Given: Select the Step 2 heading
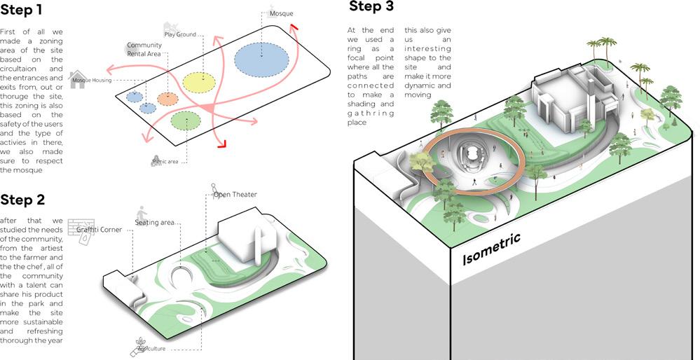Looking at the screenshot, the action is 23,200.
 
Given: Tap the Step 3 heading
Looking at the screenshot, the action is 371,7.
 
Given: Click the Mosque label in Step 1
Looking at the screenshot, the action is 281,13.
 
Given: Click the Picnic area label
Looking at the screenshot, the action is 166,162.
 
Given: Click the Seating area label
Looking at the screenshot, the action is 155,223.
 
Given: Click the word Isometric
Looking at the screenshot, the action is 491,249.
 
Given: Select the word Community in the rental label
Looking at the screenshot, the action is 144,46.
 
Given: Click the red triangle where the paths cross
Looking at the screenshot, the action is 208,107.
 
